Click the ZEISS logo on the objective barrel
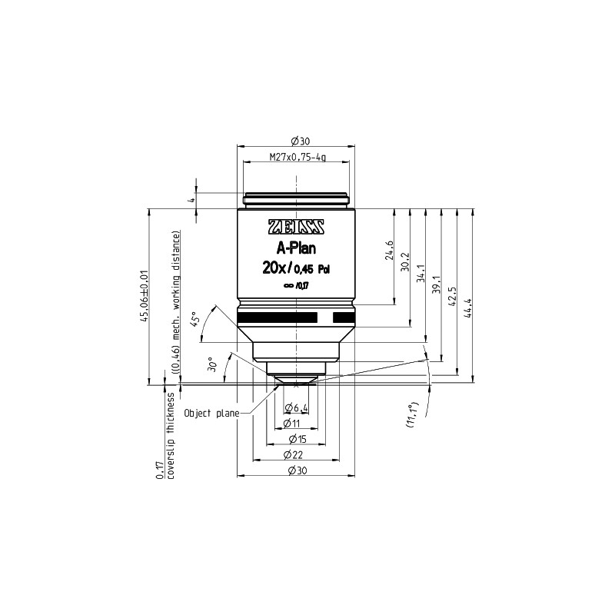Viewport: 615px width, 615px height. click(x=296, y=228)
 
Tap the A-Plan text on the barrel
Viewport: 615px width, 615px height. click(x=296, y=248)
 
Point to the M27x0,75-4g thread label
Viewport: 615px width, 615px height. click(x=297, y=158)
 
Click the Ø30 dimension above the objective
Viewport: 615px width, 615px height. click(x=297, y=140)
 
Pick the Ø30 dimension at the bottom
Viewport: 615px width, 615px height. click(x=297, y=470)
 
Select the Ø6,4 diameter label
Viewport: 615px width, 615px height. click(x=297, y=407)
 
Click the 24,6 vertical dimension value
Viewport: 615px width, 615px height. click(x=390, y=251)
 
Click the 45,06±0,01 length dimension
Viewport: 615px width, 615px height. click(x=145, y=296)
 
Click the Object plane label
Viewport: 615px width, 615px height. click(x=209, y=413)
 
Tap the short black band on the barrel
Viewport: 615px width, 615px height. click(x=343, y=317)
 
